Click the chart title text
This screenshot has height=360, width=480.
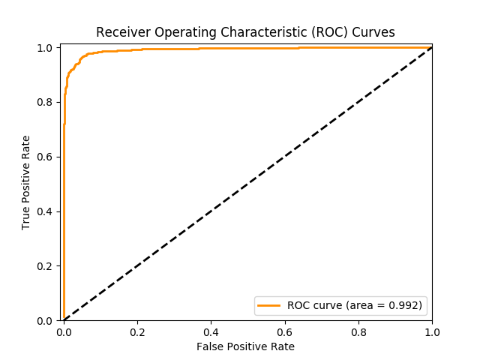pyautogui.click(x=245, y=32)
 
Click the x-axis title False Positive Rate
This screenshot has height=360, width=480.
pyautogui.click(x=245, y=346)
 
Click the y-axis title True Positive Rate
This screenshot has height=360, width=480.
pyautogui.click(x=25, y=183)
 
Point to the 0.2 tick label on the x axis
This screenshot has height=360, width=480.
pyautogui.click(x=137, y=332)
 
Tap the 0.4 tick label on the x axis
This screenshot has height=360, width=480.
pyautogui.click(x=211, y=332)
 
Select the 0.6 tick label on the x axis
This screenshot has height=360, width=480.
pyautogui.click(x=285, y=332)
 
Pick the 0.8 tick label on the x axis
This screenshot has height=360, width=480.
pyautogui.click(x=358, y=332)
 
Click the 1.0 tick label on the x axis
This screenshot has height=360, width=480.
pyautogui.click(x=432, y=332)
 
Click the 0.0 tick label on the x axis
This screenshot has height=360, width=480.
pyautogui.click(x=64, y=332)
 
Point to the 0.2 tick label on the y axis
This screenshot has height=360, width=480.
pyautogui.click(x=44, y=266)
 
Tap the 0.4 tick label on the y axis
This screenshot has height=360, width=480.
pyautogui.click(x=44, y=211)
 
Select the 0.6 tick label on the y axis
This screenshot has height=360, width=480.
pyautogui.click(x=44, y=157)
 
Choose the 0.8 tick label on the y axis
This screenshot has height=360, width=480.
pyautogui.click(x=44, y=102)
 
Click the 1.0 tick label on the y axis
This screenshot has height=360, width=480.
pyautogui.click(x=44, y=48)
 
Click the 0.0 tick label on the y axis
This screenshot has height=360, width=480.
pyautogui.click(x=44, y=321)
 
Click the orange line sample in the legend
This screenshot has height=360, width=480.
pyautogui.click(x=268, y=305)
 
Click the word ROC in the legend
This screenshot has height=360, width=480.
pyautogui.click(x=298, y=305)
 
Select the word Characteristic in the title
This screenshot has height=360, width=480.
pyautogui.click(x=264, y=32)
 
